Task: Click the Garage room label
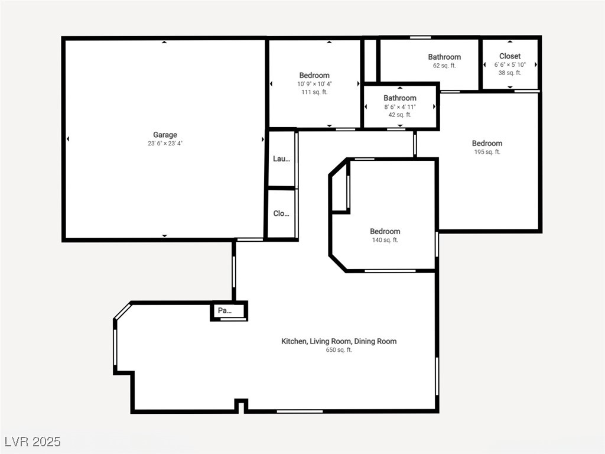point(165,135)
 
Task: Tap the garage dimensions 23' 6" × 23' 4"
point(165,144)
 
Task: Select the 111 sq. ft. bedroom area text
point(314,92)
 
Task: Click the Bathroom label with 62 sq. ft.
point(444,57)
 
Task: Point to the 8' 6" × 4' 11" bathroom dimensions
point(400,107)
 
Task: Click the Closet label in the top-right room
point(510,56)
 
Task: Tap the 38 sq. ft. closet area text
point(510,73)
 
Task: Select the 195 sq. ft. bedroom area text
point(487,152)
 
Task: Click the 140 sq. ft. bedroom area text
point(385,240)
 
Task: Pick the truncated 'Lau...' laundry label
point(281,158)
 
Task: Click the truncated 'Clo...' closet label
point(281,213)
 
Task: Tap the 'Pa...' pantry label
point(225,310)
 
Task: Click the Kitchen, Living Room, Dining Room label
point(339,341)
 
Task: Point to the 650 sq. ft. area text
point(339,350)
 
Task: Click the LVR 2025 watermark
point(33,442)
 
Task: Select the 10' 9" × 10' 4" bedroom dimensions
point(314,84)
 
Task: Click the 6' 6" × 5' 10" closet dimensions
point(510,65)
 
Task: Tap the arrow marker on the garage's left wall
point(68,139)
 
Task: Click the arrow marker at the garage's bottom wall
point(164,235)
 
